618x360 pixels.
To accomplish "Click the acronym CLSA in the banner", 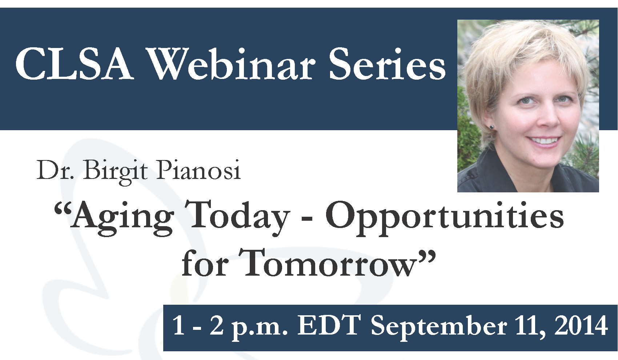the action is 74,65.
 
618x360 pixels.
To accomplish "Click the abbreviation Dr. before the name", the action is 55,170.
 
